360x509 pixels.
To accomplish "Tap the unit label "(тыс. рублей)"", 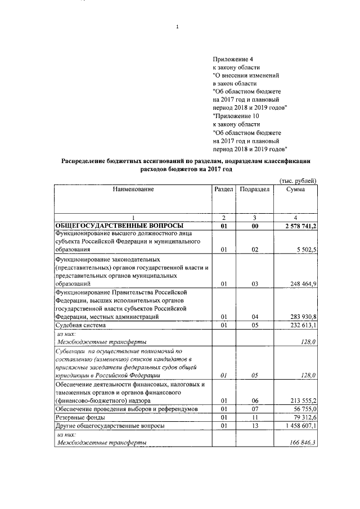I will (298, 180).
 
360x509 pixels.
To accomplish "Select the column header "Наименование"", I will (133, 190).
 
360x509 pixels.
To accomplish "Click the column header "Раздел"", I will (224, 190).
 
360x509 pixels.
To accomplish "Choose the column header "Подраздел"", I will (255, 190).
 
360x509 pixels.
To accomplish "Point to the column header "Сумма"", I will (295, 190).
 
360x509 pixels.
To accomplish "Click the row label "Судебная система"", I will (78, 325).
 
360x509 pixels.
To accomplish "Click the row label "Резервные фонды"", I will (78, 418).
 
